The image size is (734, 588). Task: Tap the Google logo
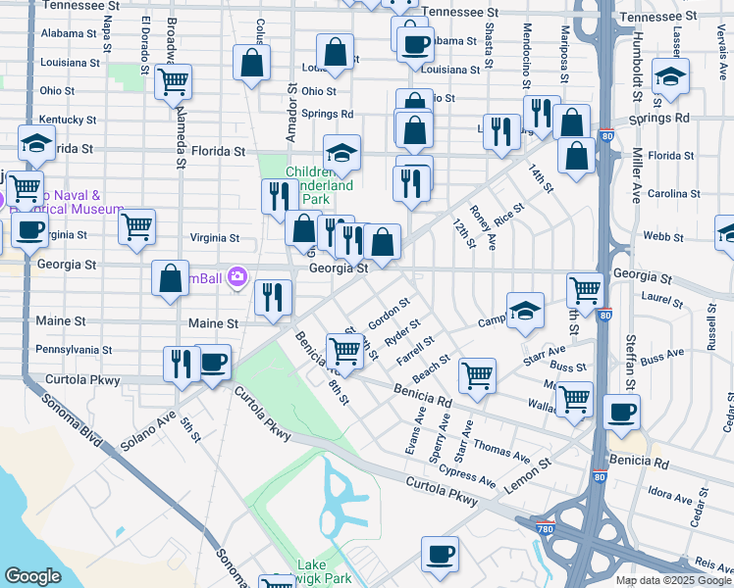33,576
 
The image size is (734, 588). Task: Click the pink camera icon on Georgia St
236,277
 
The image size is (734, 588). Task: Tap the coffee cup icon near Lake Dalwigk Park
440,554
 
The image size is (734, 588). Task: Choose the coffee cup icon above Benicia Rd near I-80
621,412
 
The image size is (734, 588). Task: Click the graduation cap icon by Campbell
525,310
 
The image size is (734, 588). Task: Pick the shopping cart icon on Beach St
477,373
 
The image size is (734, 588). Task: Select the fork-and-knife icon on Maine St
273,298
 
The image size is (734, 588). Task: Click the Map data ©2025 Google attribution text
673,580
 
